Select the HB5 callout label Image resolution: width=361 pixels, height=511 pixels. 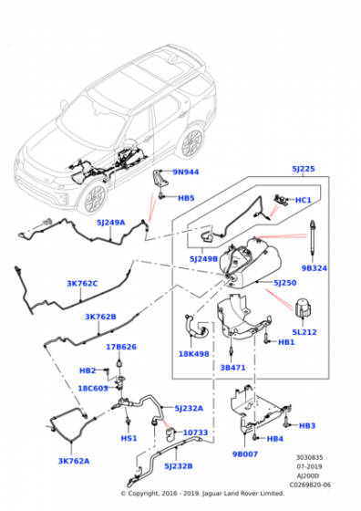pyautogui.click(x=186, y=198)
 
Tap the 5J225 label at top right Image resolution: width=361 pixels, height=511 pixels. pyautogui.click(x=303, y=169)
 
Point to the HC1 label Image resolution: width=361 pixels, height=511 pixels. pyautogui.click(x=304, y=200)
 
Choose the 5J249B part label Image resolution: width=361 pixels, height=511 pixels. pyautogui.click(x=206, y=260)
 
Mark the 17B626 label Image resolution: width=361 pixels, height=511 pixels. pyautogui.click(x=120, y=347)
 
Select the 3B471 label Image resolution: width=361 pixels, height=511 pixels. pyautogui.click(x=234, y=367)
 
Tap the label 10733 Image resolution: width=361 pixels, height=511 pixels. pyautogui.click(x=195, y=432)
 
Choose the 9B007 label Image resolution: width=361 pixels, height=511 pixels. pyautogui.click(x=243, y=454)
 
